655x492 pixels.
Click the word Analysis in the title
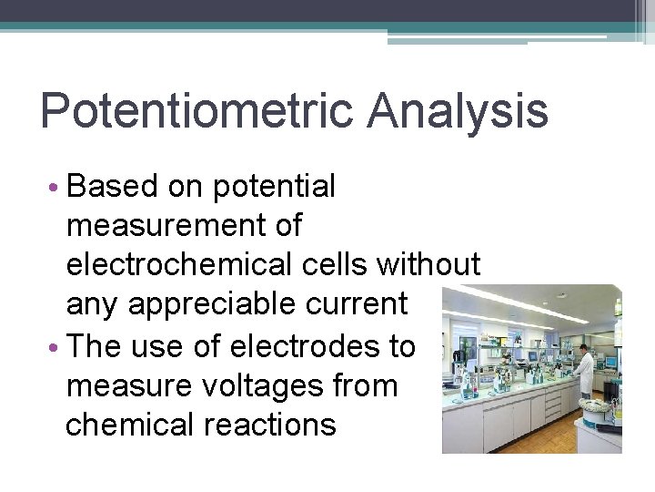point(458,112)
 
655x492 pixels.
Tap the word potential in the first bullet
point(274,187)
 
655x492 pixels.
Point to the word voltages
point(267,385)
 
